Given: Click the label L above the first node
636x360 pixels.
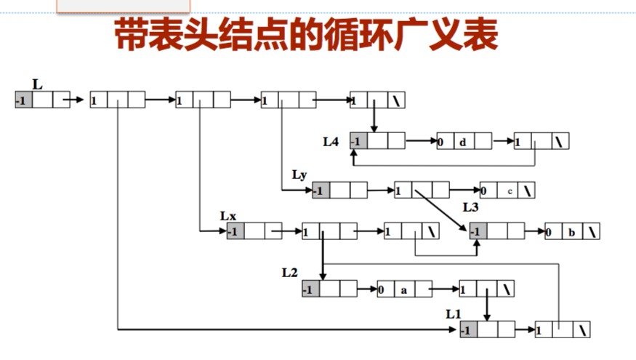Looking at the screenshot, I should (x=37, y=85).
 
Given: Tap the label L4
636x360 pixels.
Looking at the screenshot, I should (x=331, y=140).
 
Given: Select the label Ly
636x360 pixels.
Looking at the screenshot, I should (x=300, y=175).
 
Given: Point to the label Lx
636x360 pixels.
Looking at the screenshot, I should (x=228, y=216).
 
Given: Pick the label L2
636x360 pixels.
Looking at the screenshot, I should (x=290, y=272).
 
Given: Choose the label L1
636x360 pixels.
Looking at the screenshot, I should (x=454, y=313).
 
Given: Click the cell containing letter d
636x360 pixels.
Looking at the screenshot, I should (x=464, y=141).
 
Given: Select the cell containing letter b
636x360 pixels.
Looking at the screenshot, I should (x=572, y=233).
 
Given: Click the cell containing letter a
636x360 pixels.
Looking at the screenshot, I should (x=403, y=289).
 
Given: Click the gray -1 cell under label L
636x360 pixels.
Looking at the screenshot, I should (x=23, y=100).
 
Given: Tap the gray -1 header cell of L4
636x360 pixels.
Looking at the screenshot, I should (x=358, y=141).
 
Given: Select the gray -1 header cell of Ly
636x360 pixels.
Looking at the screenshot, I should (x=321, y=191).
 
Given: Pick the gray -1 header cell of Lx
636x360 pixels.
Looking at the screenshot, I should (x=236, y=233).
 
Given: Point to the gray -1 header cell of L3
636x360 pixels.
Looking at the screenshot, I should (x=478, y=233).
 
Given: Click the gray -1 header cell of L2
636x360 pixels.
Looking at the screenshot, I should (x=311, y=289).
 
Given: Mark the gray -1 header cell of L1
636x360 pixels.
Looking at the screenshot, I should (x=470, y=330).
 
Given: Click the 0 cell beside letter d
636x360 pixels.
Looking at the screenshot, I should (x=443, y=141).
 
